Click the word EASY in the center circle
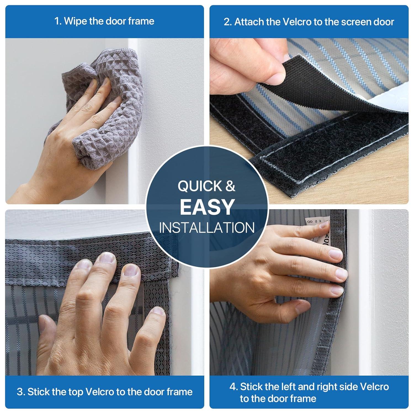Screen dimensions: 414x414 (x=207, y=207)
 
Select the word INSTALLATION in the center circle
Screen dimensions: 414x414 (x=207, y=228)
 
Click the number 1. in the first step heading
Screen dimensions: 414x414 (x=58, y=21)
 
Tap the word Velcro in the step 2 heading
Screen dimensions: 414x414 (x=307, y=22)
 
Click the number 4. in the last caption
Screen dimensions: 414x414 (x=233, y=387)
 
